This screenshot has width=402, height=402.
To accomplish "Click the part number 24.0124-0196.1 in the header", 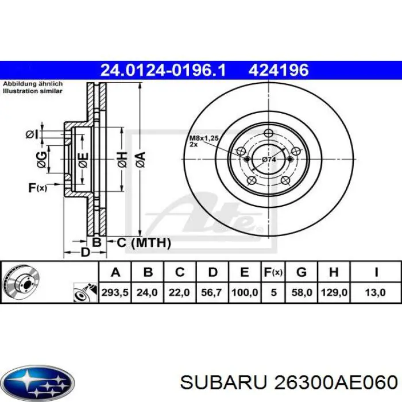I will pos(163,71).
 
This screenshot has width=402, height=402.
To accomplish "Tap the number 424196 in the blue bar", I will pos(279,71).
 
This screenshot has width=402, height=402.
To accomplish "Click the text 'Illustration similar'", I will pos(33,91).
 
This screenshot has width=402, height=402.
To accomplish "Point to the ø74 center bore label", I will pos(269,159).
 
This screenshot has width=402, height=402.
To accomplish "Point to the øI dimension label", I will pos(32,135).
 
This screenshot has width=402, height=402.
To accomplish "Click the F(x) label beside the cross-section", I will pos(37,187).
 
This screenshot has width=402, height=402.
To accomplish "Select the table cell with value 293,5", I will pos(115,292).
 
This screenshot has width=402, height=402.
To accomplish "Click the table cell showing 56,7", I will pos(212,292).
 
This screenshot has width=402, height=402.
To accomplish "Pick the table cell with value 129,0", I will pos(335,292).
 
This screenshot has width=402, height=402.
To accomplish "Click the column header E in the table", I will pos(244,272).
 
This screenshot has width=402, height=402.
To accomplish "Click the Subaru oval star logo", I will pos(37,381).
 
